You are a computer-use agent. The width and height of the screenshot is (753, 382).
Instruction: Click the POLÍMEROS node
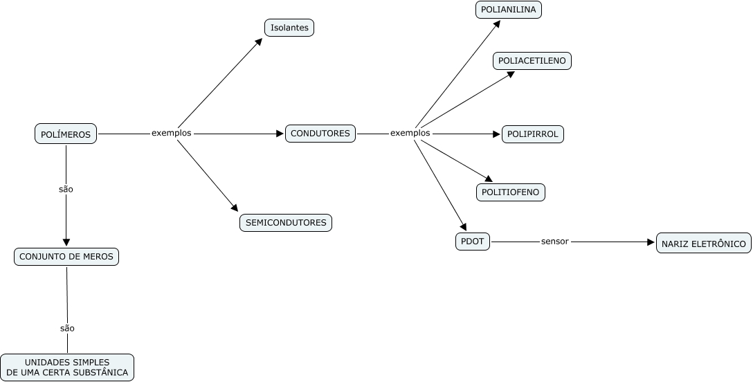tap(66, 134)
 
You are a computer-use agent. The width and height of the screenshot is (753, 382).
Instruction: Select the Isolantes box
tap(289, 28)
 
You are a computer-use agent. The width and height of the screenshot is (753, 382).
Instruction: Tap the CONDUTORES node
tap(320, 134)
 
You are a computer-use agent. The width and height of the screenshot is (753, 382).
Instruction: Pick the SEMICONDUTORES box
tap(286, 223)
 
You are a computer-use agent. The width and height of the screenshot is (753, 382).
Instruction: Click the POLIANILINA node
tap(509, 10)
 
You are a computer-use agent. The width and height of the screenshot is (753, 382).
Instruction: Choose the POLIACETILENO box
tap(532, 61)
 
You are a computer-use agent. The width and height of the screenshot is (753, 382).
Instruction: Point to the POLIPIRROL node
tap(532, 134)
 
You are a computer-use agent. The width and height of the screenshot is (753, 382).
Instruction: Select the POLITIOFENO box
tap(511, 192)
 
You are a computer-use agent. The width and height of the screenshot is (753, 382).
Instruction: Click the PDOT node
tap(473, 242)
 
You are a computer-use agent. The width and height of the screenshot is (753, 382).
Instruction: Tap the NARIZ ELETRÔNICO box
tap(703, 244)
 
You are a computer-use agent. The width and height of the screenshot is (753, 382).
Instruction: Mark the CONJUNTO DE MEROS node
tap(66, 257)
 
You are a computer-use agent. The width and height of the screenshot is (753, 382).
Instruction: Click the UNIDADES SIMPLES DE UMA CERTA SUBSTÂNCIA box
tap(67, 367)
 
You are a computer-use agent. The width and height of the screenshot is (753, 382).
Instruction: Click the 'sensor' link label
tap(555, 242)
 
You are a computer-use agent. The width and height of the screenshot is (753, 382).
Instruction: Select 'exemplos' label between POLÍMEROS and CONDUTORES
tap(171, 133)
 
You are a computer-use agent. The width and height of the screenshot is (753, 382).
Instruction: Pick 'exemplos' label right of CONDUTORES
tap(410, 133)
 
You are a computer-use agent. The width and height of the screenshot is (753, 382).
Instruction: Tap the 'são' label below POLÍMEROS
tap(66, 188)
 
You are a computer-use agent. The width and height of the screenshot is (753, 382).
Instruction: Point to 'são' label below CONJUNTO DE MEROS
tap(67, 328)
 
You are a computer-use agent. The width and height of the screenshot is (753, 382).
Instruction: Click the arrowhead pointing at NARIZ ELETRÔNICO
tap(651, 242)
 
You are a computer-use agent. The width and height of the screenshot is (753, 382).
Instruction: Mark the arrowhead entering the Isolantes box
tap(258, 42)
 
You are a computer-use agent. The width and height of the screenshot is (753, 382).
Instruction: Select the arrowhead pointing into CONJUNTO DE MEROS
tap(66, 242)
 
